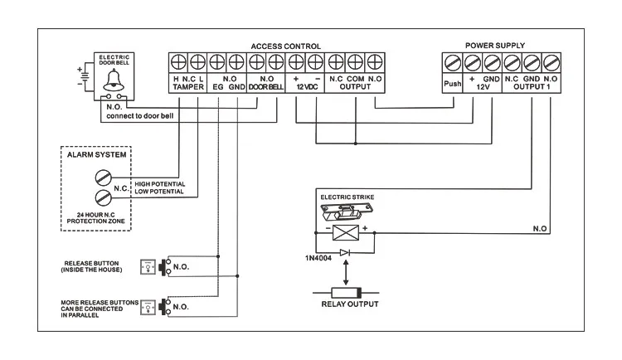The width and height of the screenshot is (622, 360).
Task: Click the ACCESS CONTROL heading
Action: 285,46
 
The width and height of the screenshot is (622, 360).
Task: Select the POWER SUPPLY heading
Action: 495,46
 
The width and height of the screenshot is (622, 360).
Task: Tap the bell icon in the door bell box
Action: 113,80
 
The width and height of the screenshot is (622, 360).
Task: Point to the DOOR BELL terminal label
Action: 265,87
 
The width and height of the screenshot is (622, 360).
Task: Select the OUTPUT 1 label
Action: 532,87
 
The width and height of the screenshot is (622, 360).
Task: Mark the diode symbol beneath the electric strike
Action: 346,251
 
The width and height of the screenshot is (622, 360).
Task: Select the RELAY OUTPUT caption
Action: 348,304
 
